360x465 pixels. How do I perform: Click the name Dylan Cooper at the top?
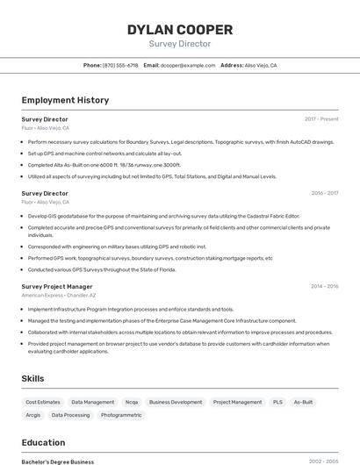click(180, 30)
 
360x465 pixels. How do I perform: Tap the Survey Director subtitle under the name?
click(180, 43)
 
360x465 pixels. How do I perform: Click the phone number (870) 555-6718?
click(120, 66)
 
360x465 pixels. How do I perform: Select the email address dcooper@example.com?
click(187, 66)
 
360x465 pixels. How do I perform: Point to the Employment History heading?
click(65, 100)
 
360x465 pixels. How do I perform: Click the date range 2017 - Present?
click(321, 118)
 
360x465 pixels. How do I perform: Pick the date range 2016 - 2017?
click(324, 193)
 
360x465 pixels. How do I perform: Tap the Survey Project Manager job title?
click(56, 286)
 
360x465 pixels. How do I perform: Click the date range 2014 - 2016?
click(324, 286)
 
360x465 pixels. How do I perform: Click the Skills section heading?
click(33, 378)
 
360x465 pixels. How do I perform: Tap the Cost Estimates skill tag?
click(43, 402)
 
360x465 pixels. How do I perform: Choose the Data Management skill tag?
click(93, 402)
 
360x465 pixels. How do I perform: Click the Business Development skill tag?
click(176, 402)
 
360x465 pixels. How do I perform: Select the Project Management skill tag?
click(237, 402)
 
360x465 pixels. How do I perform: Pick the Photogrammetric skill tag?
click(121, 415)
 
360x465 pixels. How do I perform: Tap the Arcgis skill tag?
click(33, 415)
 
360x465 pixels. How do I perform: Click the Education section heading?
click(43, 442)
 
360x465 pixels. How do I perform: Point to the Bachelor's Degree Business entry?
click(58, 461)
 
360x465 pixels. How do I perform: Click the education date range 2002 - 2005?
click(323, 461)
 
